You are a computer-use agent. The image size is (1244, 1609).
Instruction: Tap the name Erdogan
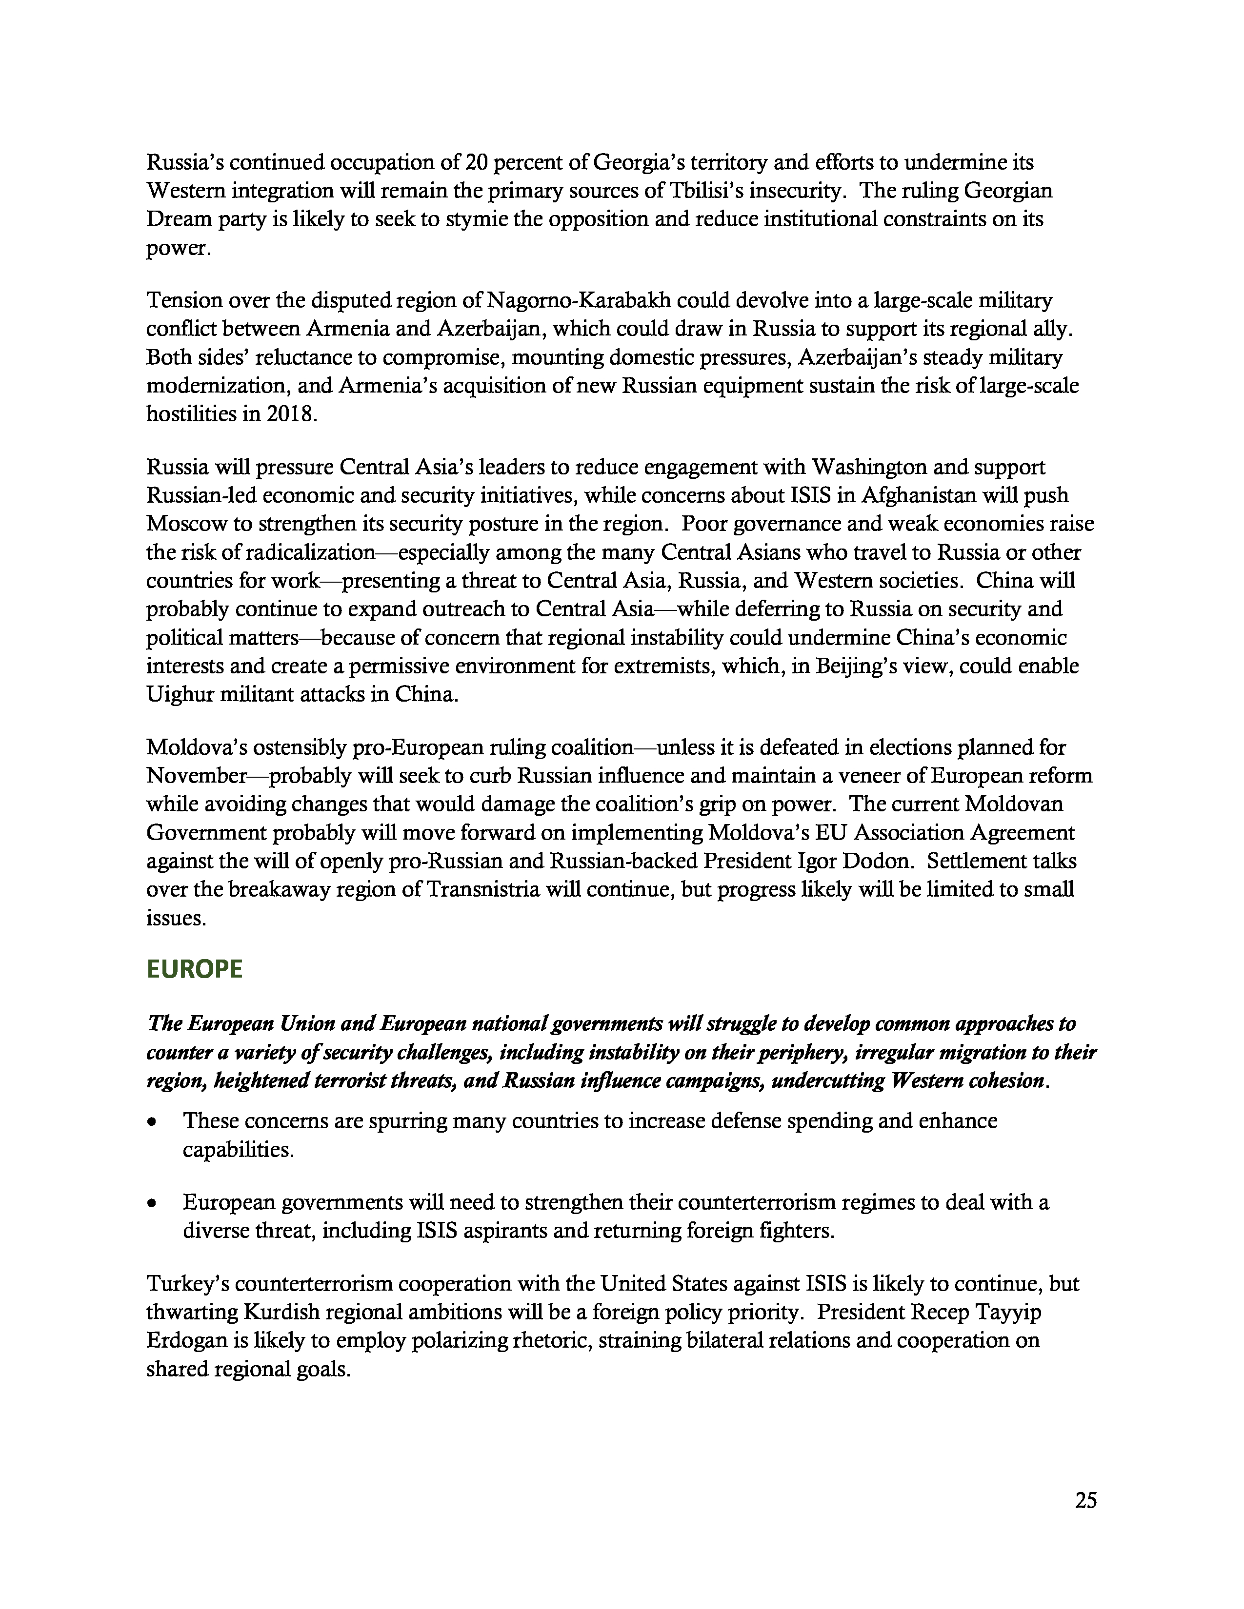186,1340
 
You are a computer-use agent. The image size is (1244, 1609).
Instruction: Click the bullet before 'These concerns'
152,1122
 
